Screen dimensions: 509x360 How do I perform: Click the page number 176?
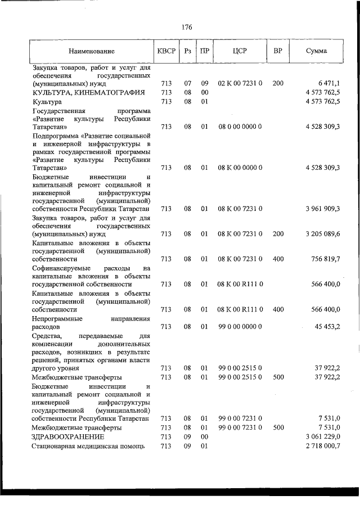coord(187,26)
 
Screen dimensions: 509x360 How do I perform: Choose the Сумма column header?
coord(317,51)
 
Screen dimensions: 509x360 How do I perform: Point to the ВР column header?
coord(277,51)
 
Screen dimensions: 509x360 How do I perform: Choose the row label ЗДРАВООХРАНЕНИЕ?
coord(68,436)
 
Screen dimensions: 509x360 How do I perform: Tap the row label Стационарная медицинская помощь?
coord(89,446)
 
